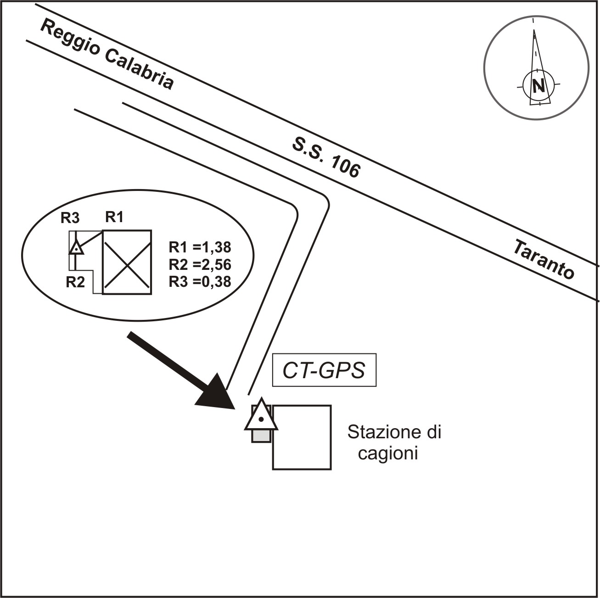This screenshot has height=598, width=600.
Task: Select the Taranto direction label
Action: coord(543,259)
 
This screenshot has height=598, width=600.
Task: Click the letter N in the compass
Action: coord(538,86)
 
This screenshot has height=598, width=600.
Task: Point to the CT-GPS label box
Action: coord(324,370)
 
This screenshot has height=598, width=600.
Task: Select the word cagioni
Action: coord(388,454)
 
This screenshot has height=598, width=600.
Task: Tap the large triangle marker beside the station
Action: coord(261,416)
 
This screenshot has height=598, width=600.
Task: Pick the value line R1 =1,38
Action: coord(200,247)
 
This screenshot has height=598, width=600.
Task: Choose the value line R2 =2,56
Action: coord(200,264)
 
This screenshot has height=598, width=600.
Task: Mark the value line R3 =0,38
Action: coord(200,281)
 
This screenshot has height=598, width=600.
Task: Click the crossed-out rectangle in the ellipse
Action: coord(127,262)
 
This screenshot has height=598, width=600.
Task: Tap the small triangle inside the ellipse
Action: coord(76,248)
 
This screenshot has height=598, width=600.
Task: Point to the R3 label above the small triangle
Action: coord(70,218)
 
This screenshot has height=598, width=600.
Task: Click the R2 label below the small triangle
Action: coord(75,282)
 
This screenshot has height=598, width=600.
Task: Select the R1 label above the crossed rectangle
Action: coord(114,217)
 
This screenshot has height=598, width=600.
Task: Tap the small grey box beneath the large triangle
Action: coord(261,436)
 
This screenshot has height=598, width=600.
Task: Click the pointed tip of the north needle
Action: coord(534,31)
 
